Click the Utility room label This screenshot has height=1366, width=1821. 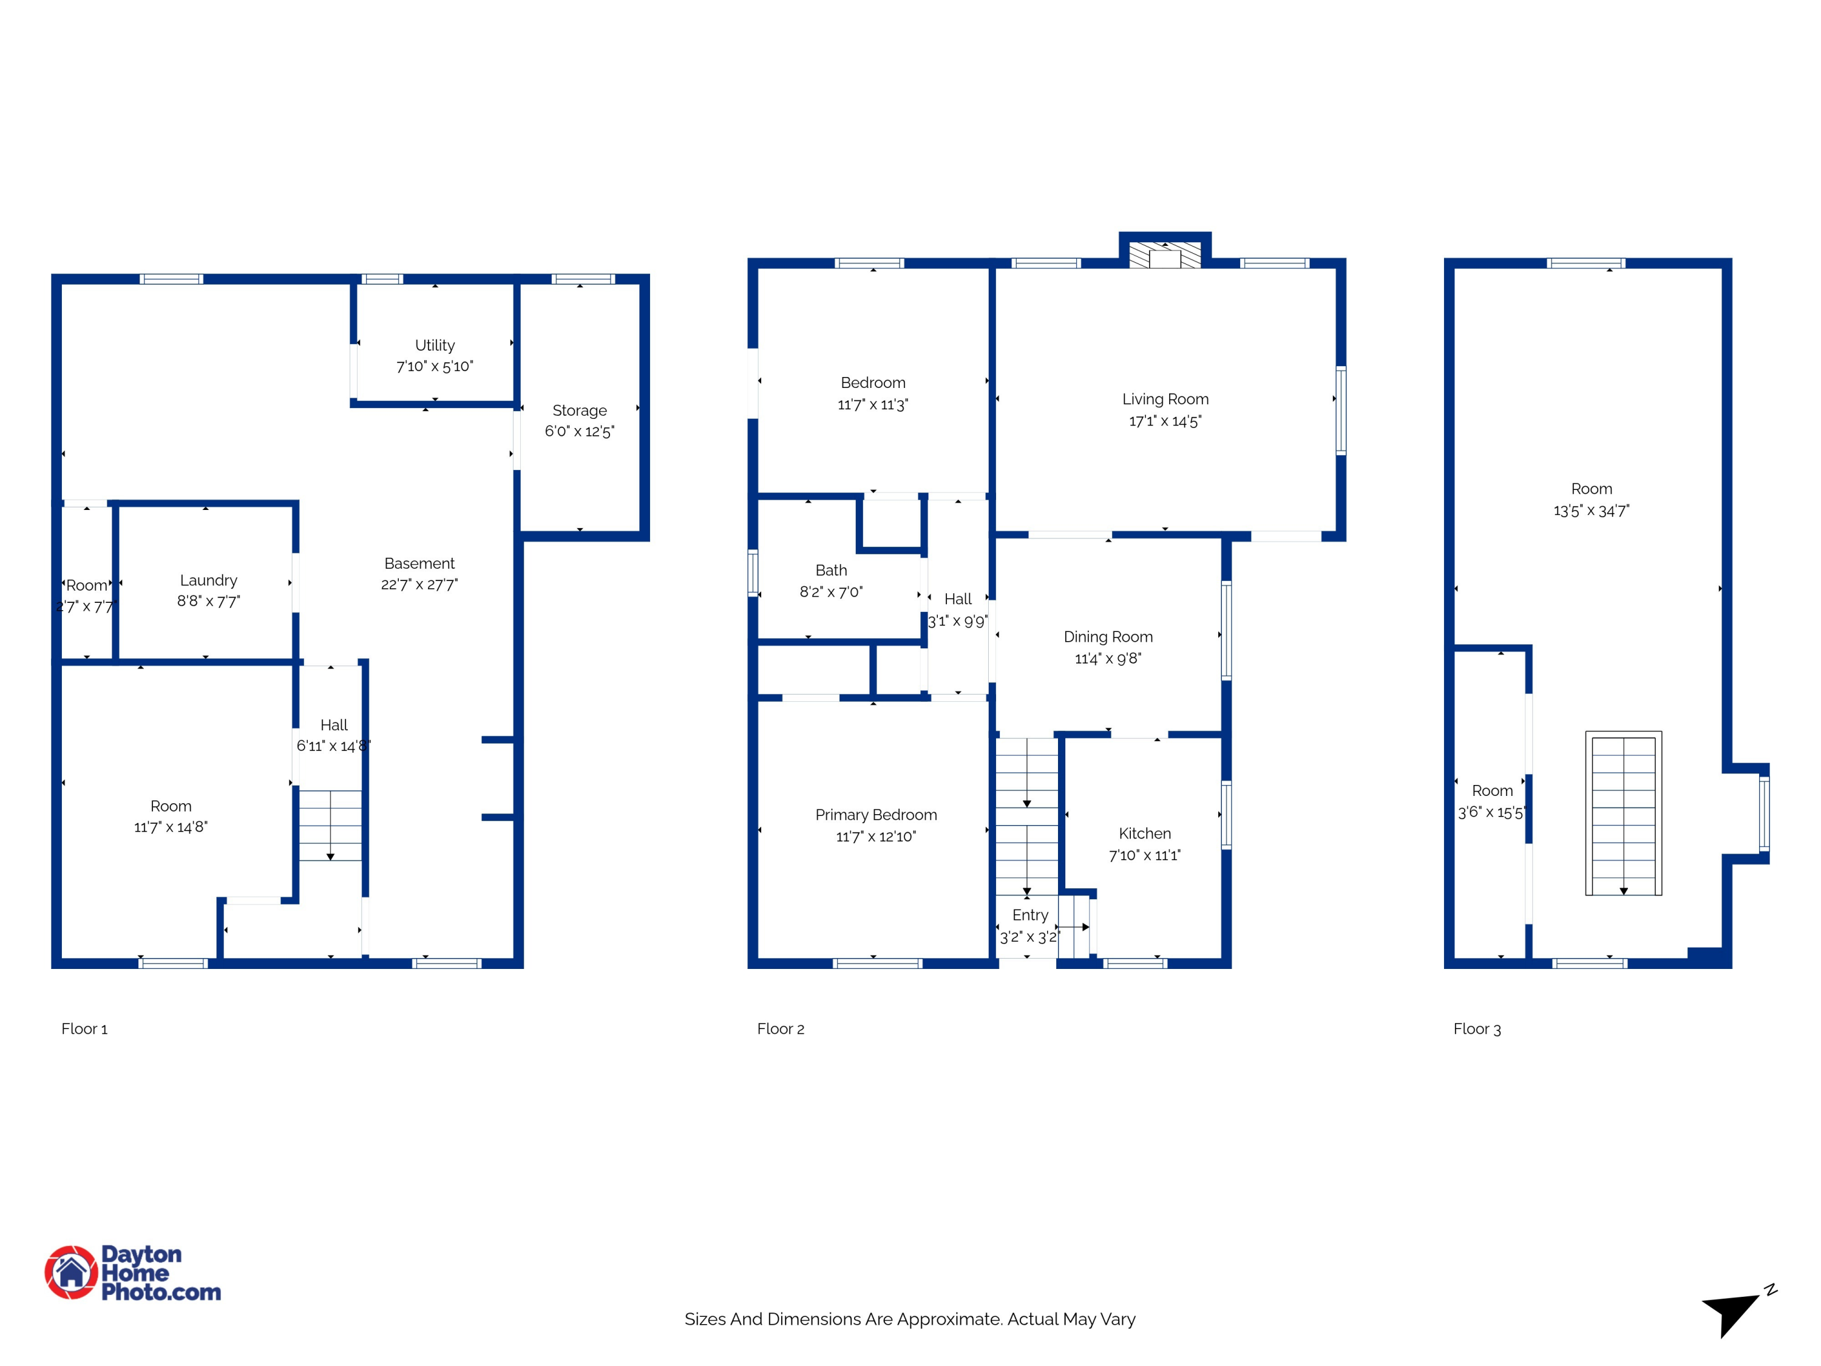pos(435,345)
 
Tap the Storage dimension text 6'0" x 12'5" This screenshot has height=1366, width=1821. pos(580,432)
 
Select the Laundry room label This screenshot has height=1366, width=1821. pos(208,580)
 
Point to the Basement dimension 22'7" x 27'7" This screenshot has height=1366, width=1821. pos(419,585)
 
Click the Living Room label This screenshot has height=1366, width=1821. pos(1165,399)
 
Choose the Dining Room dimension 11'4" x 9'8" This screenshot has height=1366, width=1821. pos(1108,659)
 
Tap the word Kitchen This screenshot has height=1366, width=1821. pos(1144,834)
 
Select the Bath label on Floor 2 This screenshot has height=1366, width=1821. pos(830,570)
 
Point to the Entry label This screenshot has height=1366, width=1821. pos(1030,916)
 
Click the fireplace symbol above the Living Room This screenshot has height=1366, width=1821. pos(1165,254)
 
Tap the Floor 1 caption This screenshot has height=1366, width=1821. pos(84,1029)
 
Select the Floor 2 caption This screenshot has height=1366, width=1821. pos(781,1029)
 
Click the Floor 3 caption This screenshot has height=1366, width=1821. pos(1477,1029)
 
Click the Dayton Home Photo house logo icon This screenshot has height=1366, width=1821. pos(72,1272)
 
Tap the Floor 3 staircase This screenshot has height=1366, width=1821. pos(1624,814)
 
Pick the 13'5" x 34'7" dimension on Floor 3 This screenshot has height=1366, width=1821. pos(1592,511)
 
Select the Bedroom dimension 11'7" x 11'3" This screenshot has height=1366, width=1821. pos(873,405)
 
